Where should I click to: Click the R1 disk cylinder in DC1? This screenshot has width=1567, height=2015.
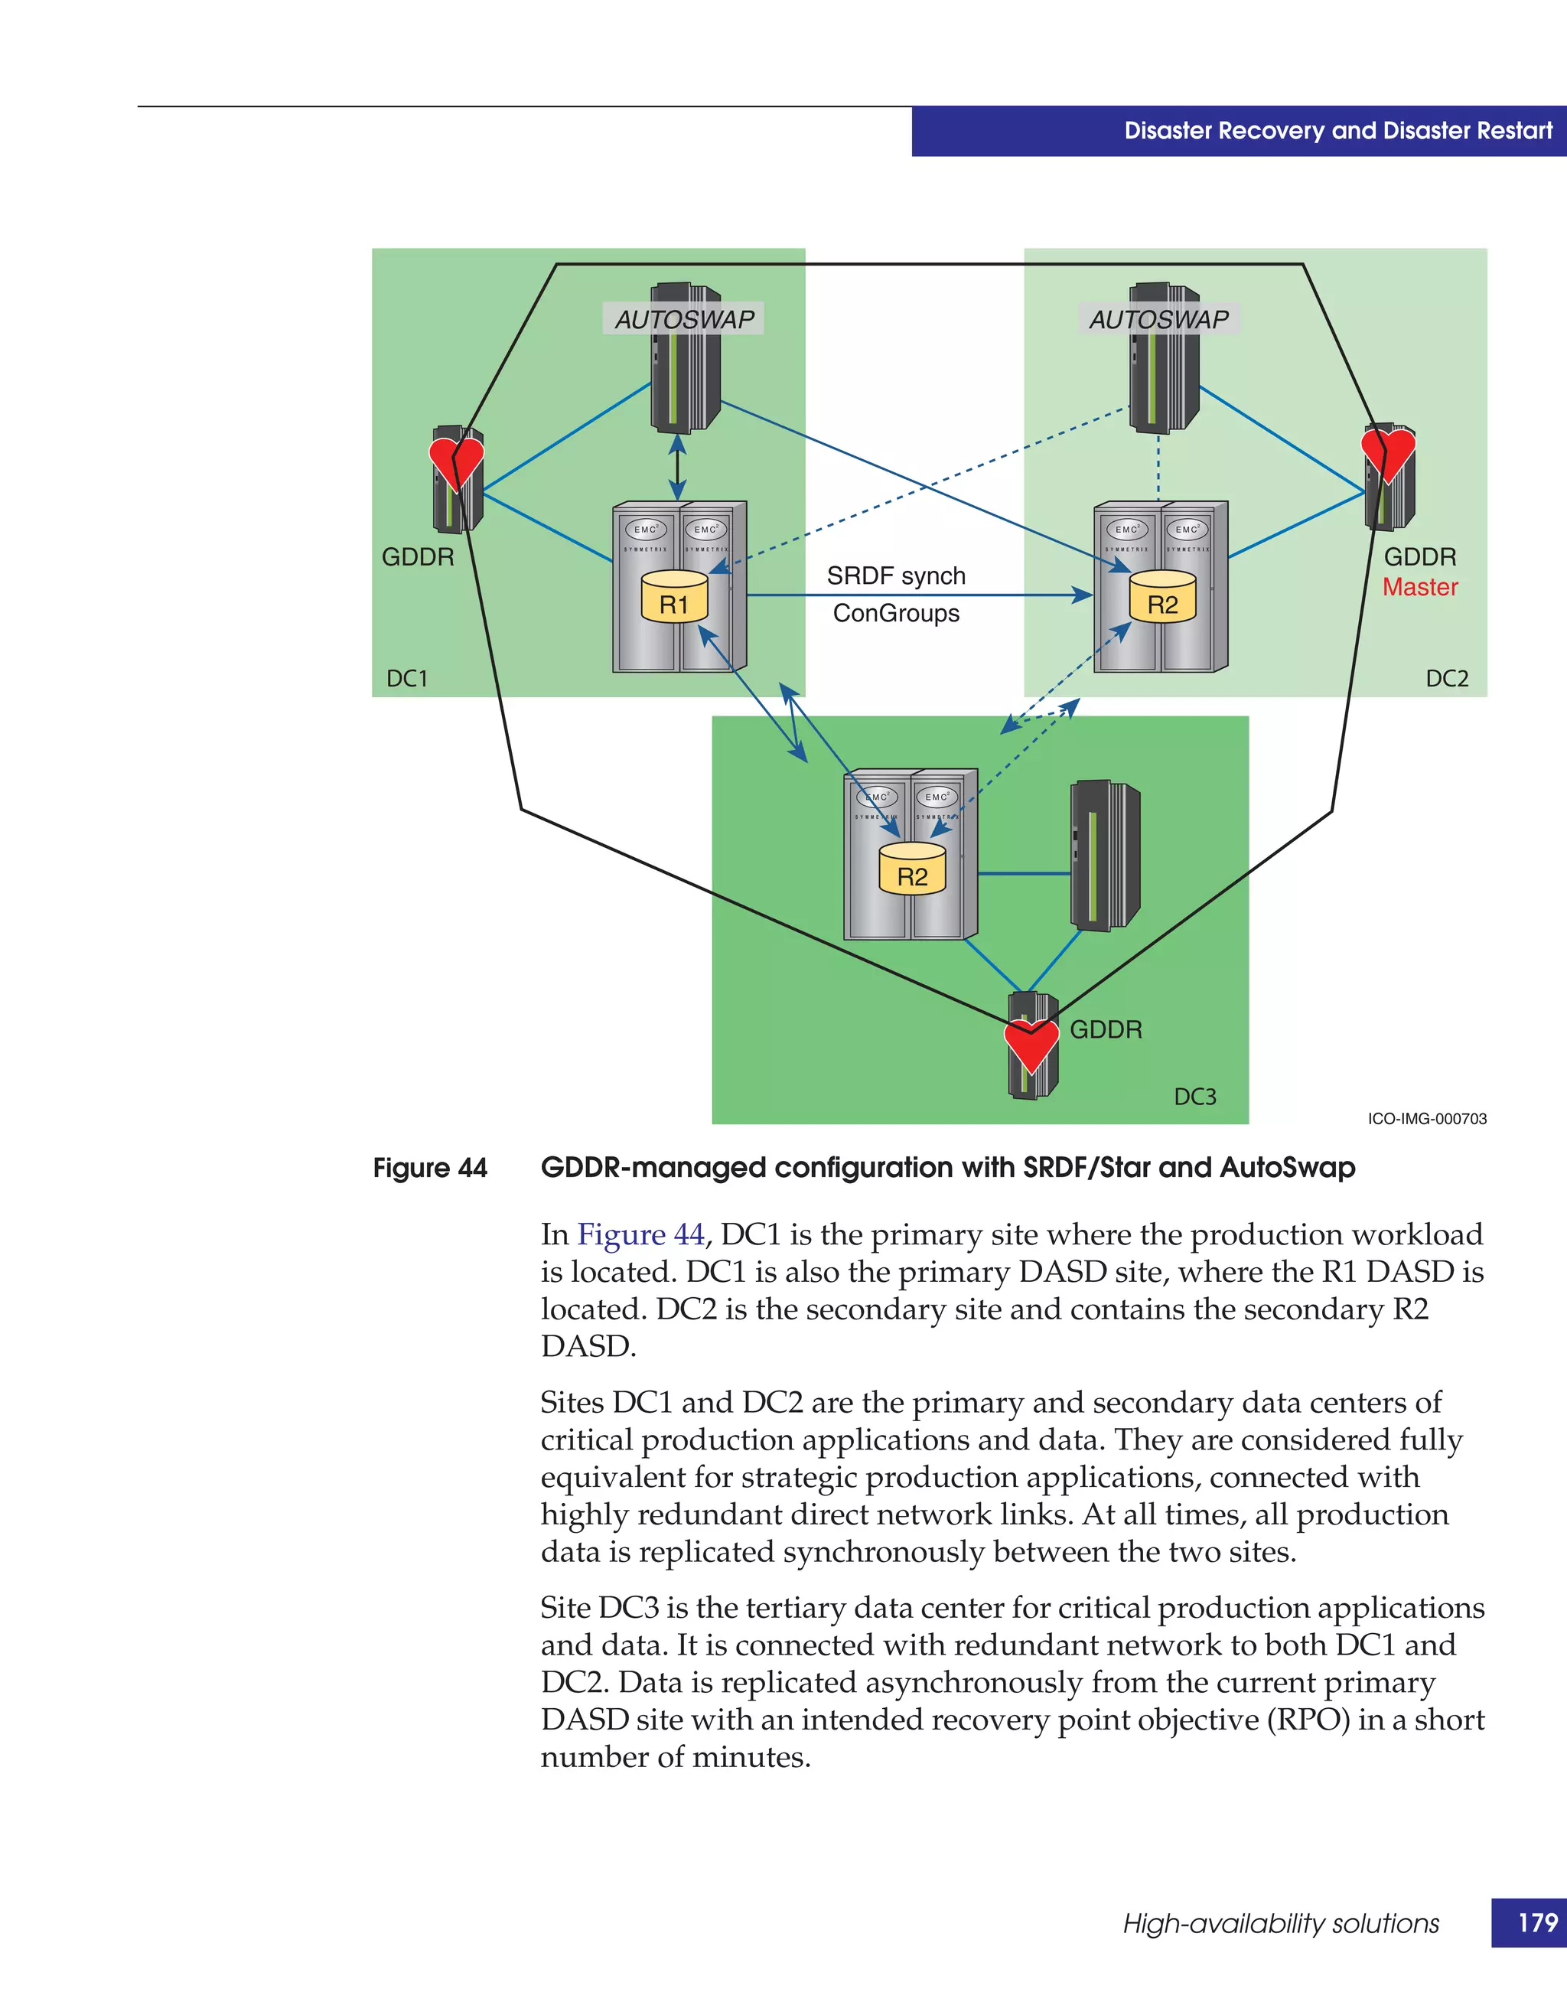click(674, 597)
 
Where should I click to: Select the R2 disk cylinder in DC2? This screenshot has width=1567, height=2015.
click(1162, 597)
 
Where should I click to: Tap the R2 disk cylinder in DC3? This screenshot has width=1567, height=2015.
click(912, 869)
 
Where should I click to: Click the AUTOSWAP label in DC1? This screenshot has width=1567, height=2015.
click(683, 319)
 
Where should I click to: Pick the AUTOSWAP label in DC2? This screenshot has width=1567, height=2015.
click(1158, 319)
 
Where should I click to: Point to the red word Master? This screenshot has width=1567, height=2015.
click(1419, 587)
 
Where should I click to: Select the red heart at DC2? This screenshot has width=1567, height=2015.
click(1388, 453)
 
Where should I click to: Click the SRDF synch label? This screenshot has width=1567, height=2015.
click(895, 575)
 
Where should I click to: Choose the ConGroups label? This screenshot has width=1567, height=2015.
click(895, 614)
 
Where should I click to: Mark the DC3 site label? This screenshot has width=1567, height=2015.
click(1194, 1096)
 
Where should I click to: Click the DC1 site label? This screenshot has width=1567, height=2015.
click(407, 678)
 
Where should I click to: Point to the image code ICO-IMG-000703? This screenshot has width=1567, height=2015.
click(1427, 1118)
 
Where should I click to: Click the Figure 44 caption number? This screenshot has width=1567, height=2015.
click(430, 1168)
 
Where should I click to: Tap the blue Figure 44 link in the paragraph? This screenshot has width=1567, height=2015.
click(641, 1234)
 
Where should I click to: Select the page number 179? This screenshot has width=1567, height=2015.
click(1537, 1922)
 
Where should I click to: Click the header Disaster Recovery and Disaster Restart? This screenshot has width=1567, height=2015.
click(1337, 131)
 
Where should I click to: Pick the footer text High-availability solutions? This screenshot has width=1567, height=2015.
click(1280, 1924)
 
